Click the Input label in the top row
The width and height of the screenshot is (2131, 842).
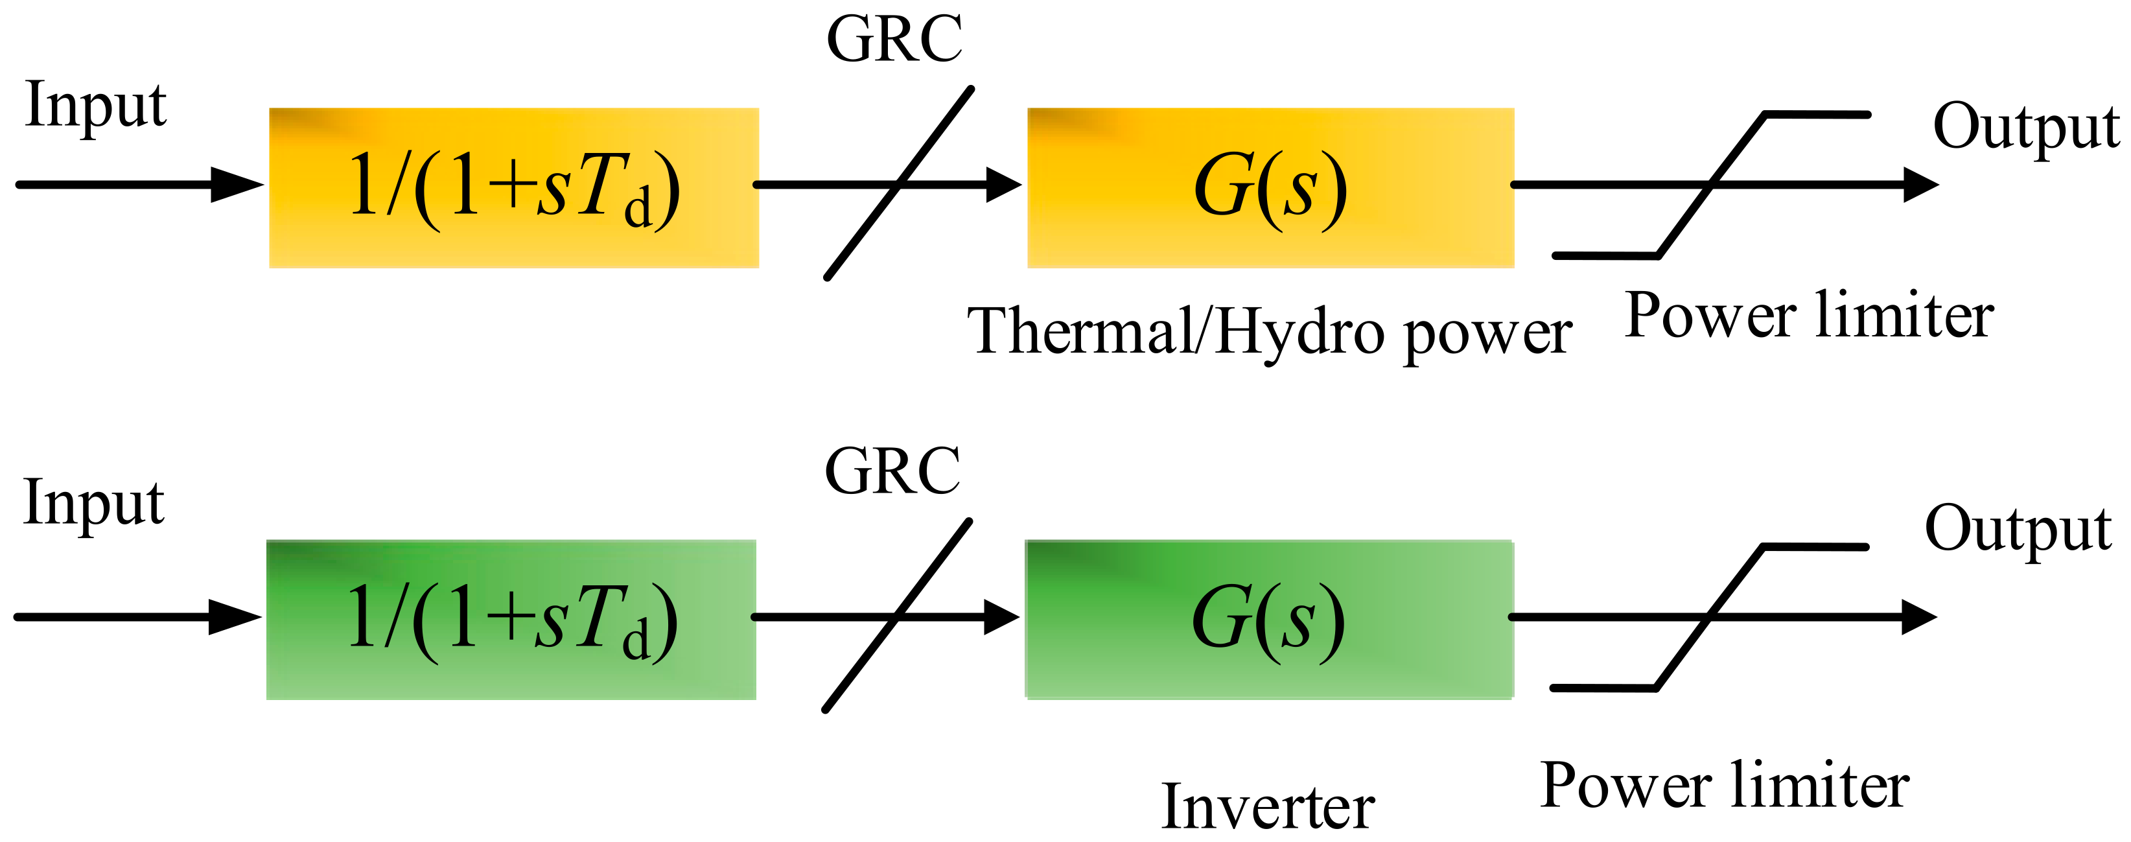click(x=95, y=105)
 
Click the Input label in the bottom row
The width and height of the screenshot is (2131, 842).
click(x=93, y=502)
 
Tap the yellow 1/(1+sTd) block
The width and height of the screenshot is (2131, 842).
click(x=514, y=188)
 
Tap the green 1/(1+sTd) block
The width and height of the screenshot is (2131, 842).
click(x=511, y=620)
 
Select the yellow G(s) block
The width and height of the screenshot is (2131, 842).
click(x=1271, y=188)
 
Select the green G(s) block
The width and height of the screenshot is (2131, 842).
click(x=1269, y=620)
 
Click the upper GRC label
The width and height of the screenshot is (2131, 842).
click(x=894, y=40)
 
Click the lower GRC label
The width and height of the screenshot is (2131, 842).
click(x=892, y=471)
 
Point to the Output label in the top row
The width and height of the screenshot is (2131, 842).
click(x=2025, y=128)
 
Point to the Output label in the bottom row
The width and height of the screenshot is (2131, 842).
click(x=2018, y=530)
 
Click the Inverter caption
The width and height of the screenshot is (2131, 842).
click(x=1268, y=806)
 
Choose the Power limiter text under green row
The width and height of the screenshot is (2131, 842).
click(x=1725, y=785)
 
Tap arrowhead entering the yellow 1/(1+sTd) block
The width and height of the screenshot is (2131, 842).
click(x=239, y=185)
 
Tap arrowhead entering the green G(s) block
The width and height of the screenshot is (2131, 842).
click(x=1003, y=617)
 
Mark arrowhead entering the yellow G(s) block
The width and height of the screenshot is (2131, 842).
click(x=1005, y=185)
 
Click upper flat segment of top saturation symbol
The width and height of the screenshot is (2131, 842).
click(x=1817, y=115)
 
